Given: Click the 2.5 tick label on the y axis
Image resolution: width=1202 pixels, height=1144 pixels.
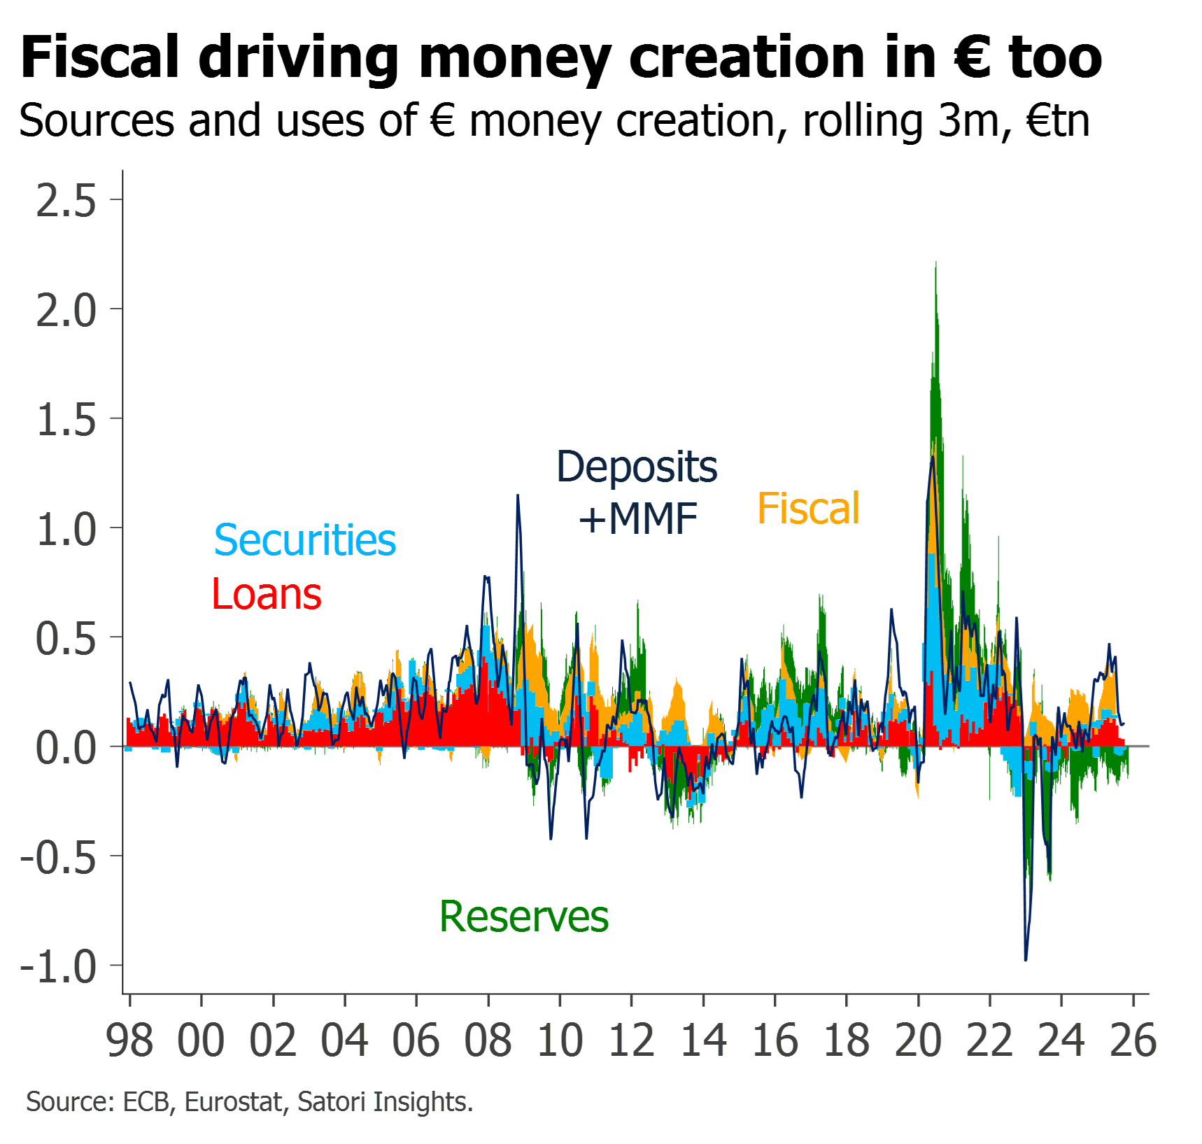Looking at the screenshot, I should tap(66, 201).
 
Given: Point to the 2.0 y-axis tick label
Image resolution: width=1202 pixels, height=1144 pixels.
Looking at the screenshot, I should tap(66, 310).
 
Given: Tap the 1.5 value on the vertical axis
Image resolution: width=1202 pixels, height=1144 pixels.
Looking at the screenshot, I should tap(66, 420).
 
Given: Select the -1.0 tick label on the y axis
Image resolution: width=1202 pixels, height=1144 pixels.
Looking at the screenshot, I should tap(59, 967).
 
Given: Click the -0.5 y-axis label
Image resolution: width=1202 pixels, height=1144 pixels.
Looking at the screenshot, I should tap(59, 857).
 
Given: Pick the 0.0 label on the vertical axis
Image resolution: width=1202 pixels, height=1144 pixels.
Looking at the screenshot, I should tap(66, 748).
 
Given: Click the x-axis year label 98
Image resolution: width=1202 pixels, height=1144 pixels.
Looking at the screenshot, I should tap(129, 1040).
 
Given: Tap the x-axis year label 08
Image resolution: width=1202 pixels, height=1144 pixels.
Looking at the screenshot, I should tap(488, 1040).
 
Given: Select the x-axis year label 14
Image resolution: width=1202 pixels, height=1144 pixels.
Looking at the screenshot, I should tap(703, 1040).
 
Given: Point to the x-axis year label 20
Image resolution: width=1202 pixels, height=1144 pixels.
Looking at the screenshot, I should tap(918, 1040).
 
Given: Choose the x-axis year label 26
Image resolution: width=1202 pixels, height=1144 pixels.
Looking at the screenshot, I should tap(1133, 1040).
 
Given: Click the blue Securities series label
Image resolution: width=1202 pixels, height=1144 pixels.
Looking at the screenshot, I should tap(305, 540).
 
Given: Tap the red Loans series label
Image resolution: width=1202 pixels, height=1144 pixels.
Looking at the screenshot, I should tap(267, 594).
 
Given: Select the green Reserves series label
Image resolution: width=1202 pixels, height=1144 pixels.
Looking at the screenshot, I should tap(524, 917).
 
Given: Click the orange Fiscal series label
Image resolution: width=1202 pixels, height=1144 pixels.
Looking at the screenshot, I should tap(809, 508).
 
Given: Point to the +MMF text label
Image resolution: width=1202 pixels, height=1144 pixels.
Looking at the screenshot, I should tap(638, 519).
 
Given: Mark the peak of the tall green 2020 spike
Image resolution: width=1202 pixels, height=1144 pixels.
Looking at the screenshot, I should tap(936, 263).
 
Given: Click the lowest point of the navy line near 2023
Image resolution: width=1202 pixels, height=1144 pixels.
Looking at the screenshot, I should tap(1026, 960).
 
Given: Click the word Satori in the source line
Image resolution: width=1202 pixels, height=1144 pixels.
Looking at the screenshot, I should tap(332, 1102).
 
